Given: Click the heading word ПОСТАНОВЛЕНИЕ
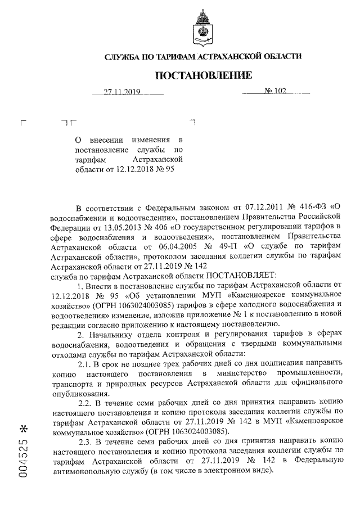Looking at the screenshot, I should click(x=204, y=75).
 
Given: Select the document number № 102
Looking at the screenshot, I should click(x=275, y=92).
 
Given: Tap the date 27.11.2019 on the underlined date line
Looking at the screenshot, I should click(x=122, y=92).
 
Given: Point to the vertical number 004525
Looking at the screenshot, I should click(x=22, y=460).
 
